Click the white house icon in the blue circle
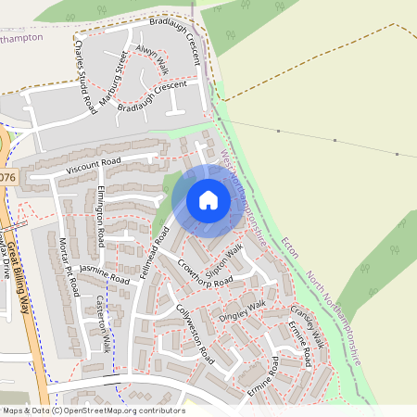pyautogui.click(x=208, y=199)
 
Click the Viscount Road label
pyautogui.click(x=94, y=166)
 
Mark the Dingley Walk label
pyautogui.click(x=242, y=311)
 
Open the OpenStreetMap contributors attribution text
pyautogui.click(x=93, y=410)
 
